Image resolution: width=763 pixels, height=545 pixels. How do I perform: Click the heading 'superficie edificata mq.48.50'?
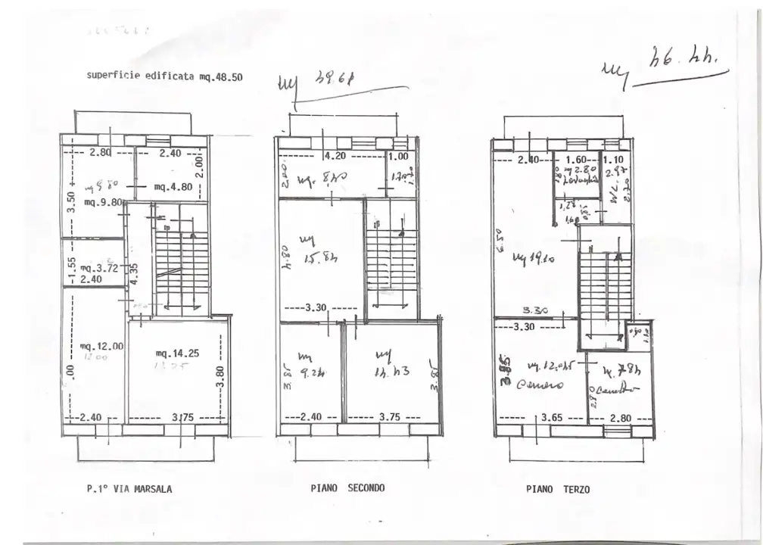[x=164, y=76]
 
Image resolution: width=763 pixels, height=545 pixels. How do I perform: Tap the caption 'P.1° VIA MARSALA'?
[x=129, y=489]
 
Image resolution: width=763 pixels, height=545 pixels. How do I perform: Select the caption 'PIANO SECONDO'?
[x=347, y=488]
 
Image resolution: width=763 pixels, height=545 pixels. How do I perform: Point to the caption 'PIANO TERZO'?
[x=558, y=489]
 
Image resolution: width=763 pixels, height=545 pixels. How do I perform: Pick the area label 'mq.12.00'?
[x=101, y=347]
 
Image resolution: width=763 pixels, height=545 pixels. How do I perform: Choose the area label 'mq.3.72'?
[x=97, y=268]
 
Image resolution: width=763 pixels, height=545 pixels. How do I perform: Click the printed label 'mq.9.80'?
[x=104, y=202]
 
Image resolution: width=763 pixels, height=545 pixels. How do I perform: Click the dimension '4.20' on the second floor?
[x=335, y=157]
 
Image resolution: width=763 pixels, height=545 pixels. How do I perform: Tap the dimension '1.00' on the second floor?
[x=397, y=157]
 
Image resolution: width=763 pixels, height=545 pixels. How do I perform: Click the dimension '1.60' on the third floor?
[x=577, y=160]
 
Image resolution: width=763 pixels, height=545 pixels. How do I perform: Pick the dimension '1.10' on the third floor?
[x=615, y=160]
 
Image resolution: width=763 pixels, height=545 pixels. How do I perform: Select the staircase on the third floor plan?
[x=606, y=288]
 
